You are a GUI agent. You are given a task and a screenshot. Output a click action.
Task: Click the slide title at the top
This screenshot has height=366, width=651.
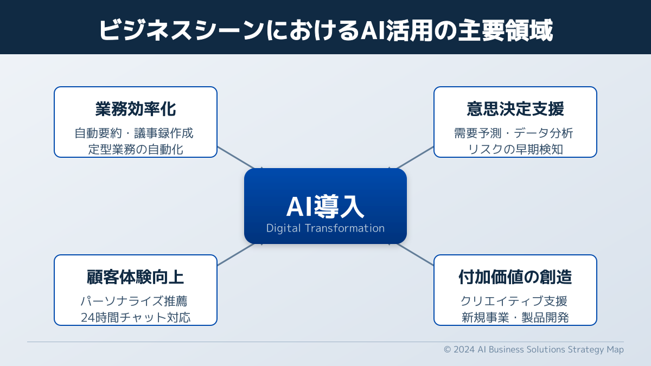pos(325,30)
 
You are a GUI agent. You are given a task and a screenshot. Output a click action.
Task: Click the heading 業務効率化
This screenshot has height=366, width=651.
pos(136,109)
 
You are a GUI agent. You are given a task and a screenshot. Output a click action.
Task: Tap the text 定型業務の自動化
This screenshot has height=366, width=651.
pos(136,149)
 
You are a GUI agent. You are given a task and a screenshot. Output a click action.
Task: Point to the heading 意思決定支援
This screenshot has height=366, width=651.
pos(515,109)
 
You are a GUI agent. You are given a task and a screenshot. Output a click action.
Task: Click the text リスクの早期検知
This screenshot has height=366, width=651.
pos(515,149)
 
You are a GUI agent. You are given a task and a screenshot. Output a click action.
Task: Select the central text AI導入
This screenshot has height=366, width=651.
pos(325,206)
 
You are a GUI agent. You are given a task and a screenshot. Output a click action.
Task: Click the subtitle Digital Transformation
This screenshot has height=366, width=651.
pos(325,228)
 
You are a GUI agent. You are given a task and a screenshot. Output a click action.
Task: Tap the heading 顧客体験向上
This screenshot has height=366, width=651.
pos(136,277)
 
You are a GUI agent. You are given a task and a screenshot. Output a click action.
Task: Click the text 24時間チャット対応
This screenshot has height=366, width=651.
pos(136,317)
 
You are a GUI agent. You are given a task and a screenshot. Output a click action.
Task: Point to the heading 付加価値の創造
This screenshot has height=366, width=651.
pos(515,277)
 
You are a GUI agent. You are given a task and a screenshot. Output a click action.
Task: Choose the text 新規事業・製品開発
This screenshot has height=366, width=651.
pos(515,317)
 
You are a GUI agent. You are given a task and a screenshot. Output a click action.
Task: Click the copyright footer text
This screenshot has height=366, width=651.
pos(534,349)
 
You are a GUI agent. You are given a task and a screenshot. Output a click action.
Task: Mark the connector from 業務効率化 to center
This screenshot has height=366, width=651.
pos(236,158)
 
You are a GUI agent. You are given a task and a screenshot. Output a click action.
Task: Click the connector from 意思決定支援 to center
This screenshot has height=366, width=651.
pos(415,158)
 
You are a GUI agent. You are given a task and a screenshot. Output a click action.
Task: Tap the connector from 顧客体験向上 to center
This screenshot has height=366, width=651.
pos(236,254)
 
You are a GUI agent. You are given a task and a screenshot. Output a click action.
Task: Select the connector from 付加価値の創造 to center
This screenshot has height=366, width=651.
pos(415,254)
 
